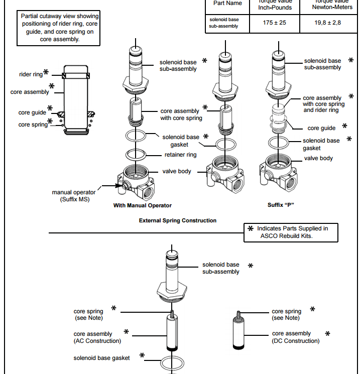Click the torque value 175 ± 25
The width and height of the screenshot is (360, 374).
tap(274, 23)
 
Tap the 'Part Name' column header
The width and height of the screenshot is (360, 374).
tap(227, 4)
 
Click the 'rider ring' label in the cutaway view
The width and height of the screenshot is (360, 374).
tap(31, 75)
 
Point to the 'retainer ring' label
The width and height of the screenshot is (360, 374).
tap(181, 155)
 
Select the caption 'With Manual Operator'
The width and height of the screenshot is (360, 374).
tap(143, 205)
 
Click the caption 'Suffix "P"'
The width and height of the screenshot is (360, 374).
tap(280, 205)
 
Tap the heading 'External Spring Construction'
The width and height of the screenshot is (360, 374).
tap(178, 220)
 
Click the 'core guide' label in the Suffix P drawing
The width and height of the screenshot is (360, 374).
tap(321, 128)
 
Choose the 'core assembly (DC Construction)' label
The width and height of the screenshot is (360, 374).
tap(295, 337)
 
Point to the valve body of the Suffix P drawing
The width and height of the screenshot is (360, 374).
tap(278, 173)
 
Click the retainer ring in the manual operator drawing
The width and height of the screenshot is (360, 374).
tap(136, 153)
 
